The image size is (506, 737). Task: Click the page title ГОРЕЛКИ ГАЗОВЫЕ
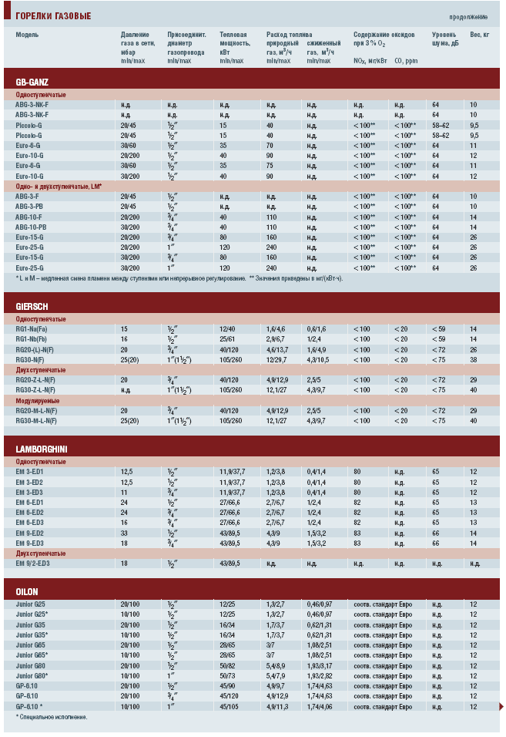pyautogui.click(x=53, y=15)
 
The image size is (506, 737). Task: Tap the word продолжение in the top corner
pyautogui.click(x=468, y=16)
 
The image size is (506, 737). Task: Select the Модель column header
pyautogui.click(x=27, y=35)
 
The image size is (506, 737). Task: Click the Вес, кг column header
pyautogui.click(x=480, y=35)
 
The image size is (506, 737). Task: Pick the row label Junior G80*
pyautogui.click(x=32, y=675)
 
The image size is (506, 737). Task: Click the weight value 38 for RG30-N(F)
pyautogui.click(x=474, y=359)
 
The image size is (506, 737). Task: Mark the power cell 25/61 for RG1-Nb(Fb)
pyautogui.click(x=227, y=338)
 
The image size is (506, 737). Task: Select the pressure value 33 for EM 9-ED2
pyautogui.click(x=124, y=532)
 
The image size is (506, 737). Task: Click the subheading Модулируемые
pyautogui.click(x=38, y=401)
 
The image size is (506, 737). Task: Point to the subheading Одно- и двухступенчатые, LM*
pyautogui.click(x=59, y=186)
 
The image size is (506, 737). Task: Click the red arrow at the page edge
pyautogui.click(x=501, y=706)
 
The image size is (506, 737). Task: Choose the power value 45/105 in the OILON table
pyautogui.click(x=229, y=705)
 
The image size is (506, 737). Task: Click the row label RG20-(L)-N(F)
pyautogui.click(x=35, y=349)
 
